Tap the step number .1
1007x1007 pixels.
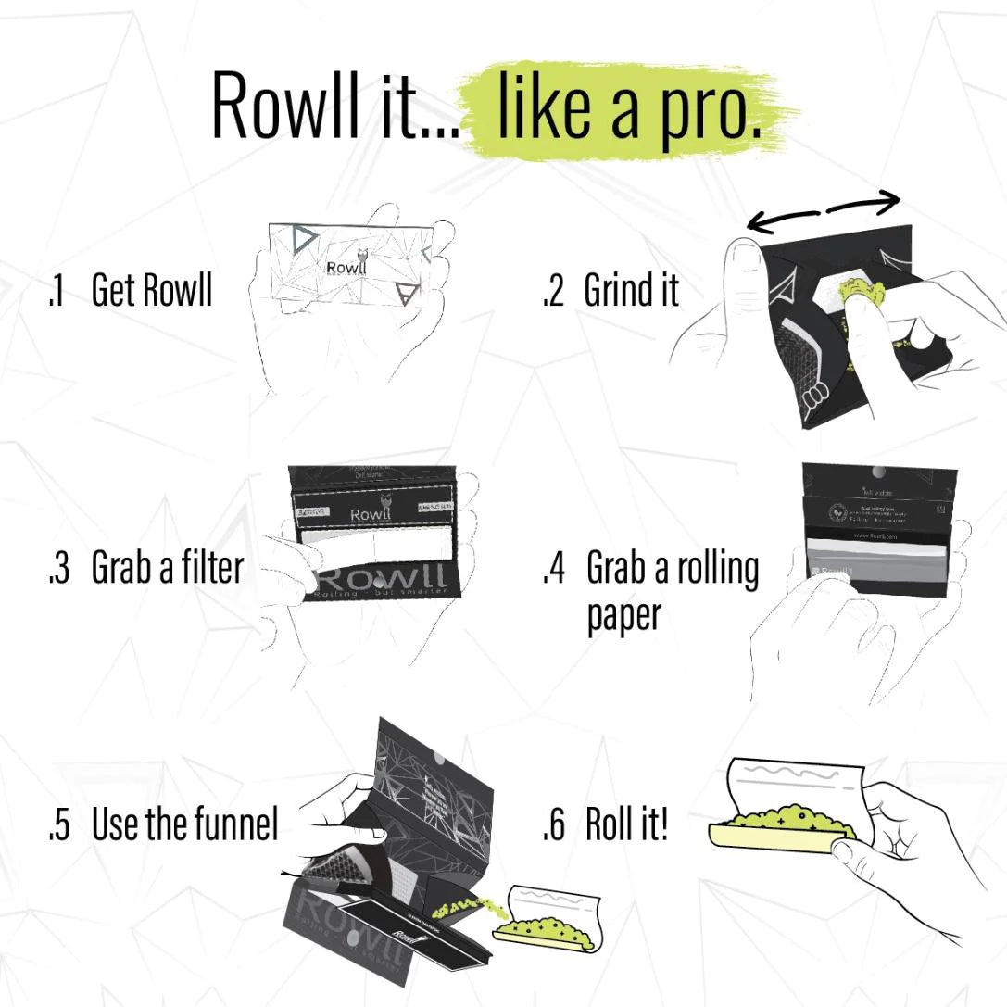(x=56, y=291)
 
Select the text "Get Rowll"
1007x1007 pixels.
(x=152, y=290)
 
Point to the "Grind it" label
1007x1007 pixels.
(x=631, y=291)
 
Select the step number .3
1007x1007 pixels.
(x=57, y=568)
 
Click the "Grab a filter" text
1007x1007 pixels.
(x=167, y=568)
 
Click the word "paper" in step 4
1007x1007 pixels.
(x=623, y=615)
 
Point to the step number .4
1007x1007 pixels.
(x=553, y=568)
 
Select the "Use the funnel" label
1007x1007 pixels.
(x=184, y=824)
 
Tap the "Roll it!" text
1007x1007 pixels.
(x=626, y=824)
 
